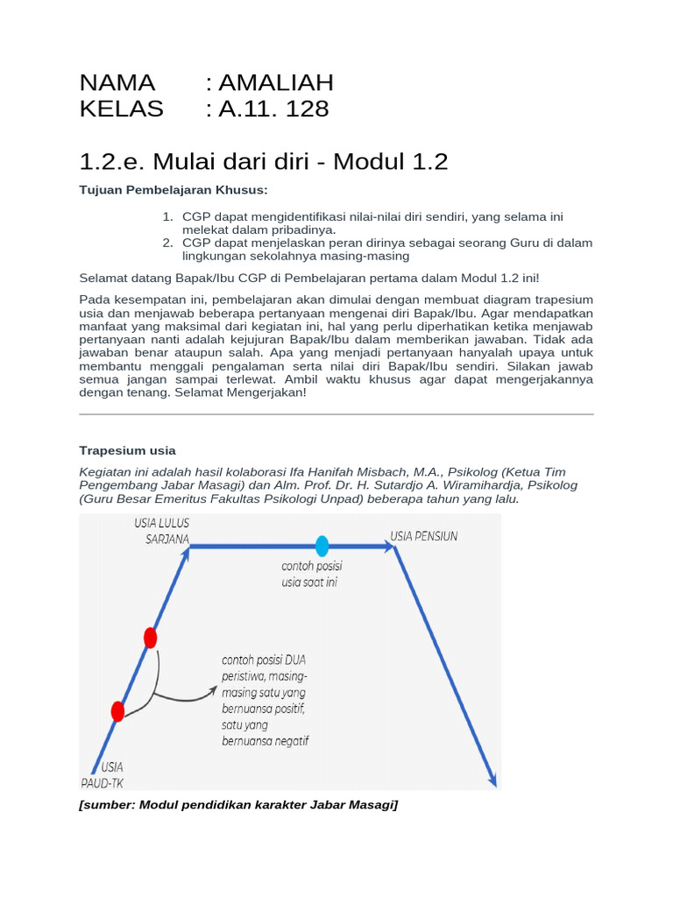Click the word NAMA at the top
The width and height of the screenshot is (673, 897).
117,82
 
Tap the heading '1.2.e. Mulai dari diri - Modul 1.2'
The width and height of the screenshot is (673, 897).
263,161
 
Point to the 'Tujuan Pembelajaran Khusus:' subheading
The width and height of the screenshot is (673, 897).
174,190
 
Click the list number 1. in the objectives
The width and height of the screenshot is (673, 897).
168,216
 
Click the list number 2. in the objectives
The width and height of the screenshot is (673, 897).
168,243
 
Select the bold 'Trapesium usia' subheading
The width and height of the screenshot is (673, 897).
127,450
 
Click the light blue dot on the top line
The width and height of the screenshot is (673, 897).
322,546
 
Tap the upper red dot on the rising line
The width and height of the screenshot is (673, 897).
151,638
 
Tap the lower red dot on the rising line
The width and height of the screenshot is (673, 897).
118,711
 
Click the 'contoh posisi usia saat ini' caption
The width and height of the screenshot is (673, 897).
312,574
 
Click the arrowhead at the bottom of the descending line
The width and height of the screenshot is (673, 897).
492,780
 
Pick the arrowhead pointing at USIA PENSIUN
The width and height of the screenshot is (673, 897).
387,546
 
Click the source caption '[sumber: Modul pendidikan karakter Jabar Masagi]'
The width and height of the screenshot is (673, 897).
238,804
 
